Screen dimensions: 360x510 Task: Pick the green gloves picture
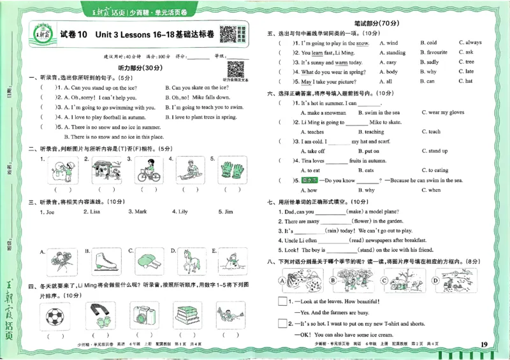(228, 170)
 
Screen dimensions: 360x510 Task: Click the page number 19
(484, 345)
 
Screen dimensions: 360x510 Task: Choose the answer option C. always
(469, 43)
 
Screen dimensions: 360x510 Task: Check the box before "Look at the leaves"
(282, 301)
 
